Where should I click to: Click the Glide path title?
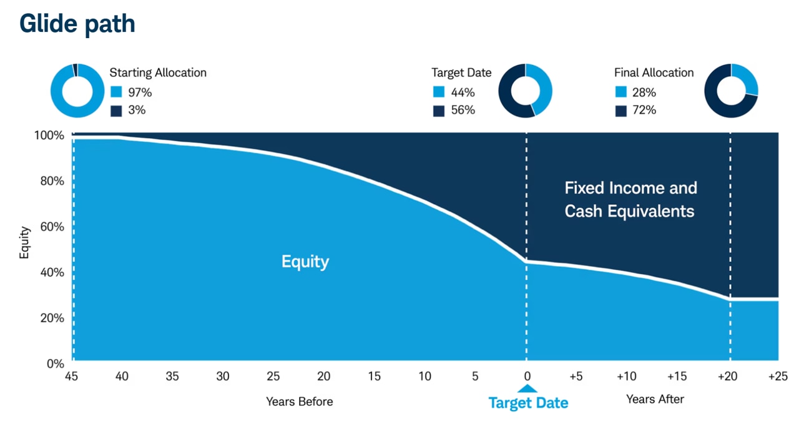pos(77,24)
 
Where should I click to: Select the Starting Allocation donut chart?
pos(77,91)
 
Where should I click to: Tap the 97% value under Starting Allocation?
pos(140,92)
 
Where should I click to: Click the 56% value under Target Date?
pos(463,110)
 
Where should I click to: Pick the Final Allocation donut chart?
pos(731,91)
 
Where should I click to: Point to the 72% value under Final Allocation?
pos(644,110)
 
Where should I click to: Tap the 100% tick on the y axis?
pos(49,136)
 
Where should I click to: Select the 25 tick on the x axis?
pos(273,377)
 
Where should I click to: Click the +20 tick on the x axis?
pos(728,377)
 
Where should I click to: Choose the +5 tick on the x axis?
pos(576,377)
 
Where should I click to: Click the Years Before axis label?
pos(300,402)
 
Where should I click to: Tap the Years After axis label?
pos(655,399)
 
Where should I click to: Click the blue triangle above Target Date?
pos(527,389)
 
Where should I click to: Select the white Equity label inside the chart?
pos(305,261)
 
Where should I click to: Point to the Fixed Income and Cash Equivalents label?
pos(630,199)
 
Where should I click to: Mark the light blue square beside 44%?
pos(438,92)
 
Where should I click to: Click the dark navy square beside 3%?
pos(116,111)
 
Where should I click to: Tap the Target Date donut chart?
pos(525,91)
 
